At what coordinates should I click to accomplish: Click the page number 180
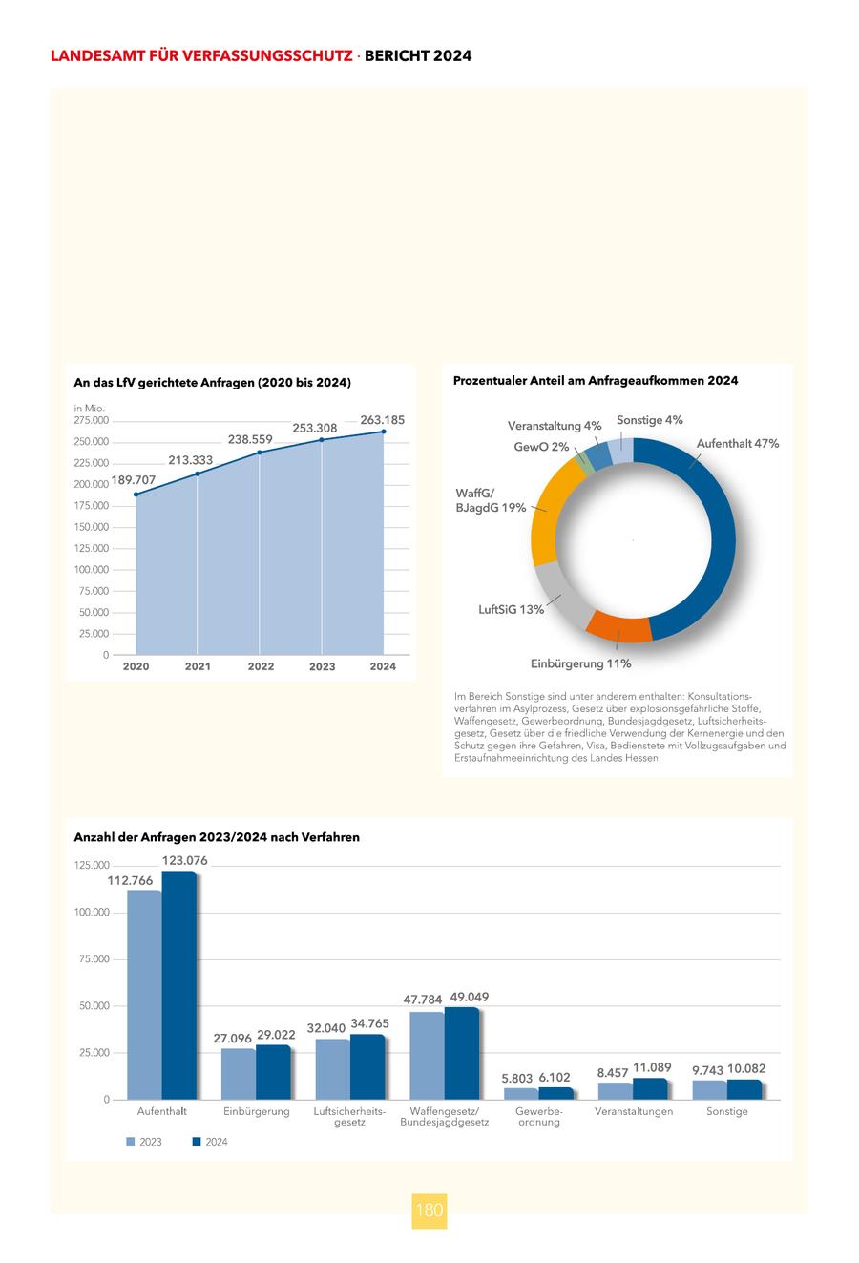pos(429,1210)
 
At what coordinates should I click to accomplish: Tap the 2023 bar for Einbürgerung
pos(239,1074)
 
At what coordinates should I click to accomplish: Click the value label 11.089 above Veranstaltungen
pos(652,1068)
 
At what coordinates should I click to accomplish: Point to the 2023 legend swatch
pos(131,1142)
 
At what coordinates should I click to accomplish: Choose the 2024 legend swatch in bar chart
pos(198,1142)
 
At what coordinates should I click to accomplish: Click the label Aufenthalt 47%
pos(738,444)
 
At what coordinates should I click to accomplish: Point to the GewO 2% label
pos(541,447)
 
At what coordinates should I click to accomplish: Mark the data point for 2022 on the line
pos(260,453)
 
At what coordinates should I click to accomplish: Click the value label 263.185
pos(383,420)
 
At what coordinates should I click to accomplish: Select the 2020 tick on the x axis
pos(136,666)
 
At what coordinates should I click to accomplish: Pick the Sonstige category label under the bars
pos(727,1111)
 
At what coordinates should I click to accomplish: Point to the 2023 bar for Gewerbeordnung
pos(521,1094)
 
